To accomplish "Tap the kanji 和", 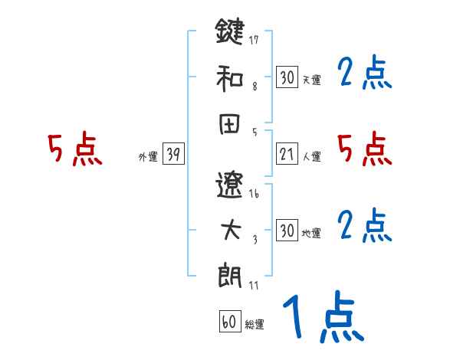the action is pos(229,78).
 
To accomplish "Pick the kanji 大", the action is pos(229,231).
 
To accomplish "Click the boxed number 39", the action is pos(173,155).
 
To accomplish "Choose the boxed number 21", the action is pos(287,155).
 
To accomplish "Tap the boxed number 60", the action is pos(229,322).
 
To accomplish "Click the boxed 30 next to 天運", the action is pos(287,77).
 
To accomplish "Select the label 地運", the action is pos(312,233).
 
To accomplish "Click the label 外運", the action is pos(148,156).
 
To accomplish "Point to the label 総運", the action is pos(255,325).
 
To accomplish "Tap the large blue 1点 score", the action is pos(323,317).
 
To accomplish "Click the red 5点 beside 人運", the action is pos(365,149).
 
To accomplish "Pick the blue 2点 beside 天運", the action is pos(365,74).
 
